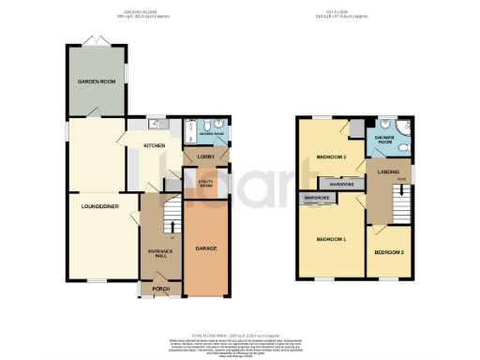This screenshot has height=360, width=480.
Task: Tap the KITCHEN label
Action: pos(154,146)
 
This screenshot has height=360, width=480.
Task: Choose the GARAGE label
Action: pos(206,248)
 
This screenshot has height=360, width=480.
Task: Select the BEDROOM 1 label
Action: pos(331,240)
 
